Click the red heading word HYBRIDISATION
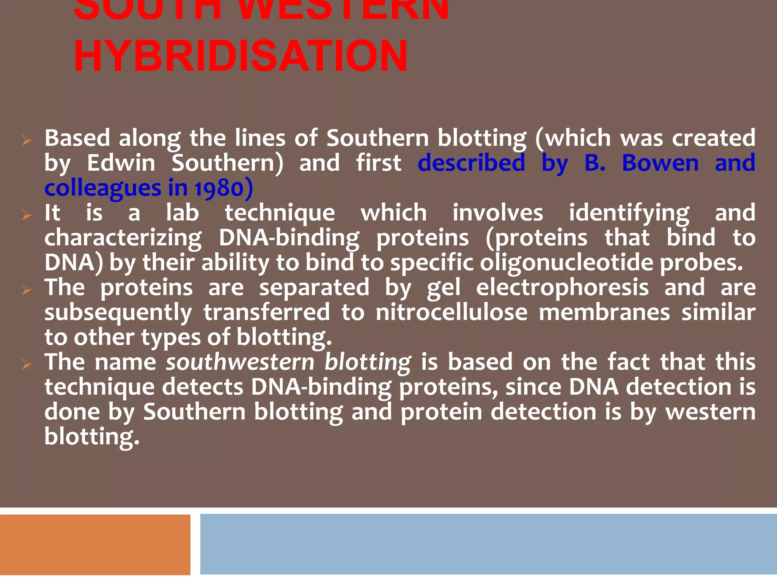pyautogui.click(x=241, y=56)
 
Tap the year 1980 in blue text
pyautogui.click(x=219, y=188)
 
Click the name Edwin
pyautogui.click(x=121, y=163)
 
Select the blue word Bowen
pyautogui.click(x=660, y=163)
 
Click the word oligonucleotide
pyautogui.click(x=566, y=263)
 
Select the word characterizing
pyautogui.click(x=123, y=238)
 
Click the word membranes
pyautogui.click(x=604, y=313)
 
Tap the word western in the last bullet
pyautogui.click(x=710, y=412)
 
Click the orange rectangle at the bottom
pyautogui.click(x=95, y=544)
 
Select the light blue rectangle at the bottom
pyautogui.click(x=488, y=544)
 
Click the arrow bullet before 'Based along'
pyautogui.click(x=27, y=140)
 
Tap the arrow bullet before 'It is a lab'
pyautogui.click(x=27, y=215)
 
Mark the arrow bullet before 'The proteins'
pyautogui.click(x=27, y=290)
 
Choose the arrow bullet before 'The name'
pyautogui.click(x=27, y=365)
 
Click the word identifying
pyautogui.click(x=629, y=213)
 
